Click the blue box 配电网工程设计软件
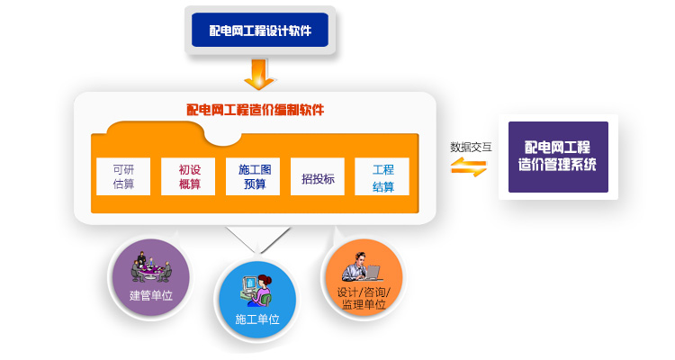(x=260, y=30)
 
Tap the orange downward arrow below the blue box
(x=259, y=74)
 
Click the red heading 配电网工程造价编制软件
(x=255, y=110)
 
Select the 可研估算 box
(x=123, y=176)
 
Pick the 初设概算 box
(x=189, y=176)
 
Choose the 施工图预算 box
(x=253, y=176)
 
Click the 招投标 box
(x=318, y=178)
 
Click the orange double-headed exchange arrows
(x=469, y=166)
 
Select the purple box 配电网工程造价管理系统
(x=558, y=157)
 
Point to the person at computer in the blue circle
(x=256, y=288)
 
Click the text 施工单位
(x=256, y=319)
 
